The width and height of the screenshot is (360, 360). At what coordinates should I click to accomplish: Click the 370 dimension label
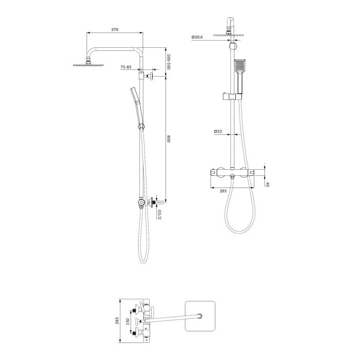(115, 29)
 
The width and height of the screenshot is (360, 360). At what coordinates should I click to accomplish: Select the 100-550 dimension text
(168, 62)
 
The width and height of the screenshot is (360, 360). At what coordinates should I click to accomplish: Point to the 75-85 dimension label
(126, 67)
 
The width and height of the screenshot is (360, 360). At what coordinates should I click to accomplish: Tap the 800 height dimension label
(169, 139)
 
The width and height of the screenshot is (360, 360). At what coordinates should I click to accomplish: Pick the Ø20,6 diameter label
(197, 37)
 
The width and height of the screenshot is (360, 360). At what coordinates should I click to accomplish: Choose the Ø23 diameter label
(218, 131)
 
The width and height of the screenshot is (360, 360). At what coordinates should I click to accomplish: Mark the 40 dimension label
(267, 184)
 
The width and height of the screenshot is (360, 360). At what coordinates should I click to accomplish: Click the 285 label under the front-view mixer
(223, 191)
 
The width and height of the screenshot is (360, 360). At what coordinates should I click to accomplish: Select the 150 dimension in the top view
(128, 321)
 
